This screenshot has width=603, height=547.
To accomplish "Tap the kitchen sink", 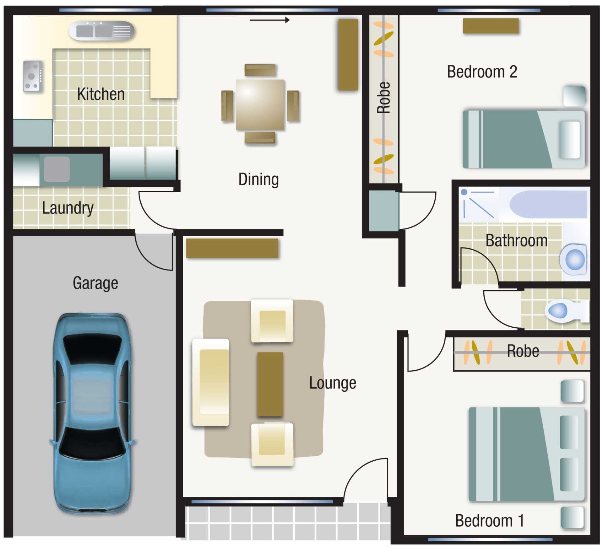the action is [x=101, y=31].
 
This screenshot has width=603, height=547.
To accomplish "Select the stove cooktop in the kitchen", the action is [x=33, y=76].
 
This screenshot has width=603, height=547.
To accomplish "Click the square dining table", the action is [x=260, y=104].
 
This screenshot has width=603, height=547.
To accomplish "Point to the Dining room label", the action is [x=258, y=179].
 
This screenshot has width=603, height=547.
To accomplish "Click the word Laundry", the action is [x=68, y=208].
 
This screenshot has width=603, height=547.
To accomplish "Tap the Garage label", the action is [x=95, y=283].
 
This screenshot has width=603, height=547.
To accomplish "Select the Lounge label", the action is [x=333, y=383].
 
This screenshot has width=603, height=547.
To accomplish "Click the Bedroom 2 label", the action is [x=482, y=72].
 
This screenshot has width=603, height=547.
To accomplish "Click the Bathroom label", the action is [x=517, y=240].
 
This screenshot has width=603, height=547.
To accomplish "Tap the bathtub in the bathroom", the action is [x=548, y=204].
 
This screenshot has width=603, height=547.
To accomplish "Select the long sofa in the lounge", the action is [x=211, y=382].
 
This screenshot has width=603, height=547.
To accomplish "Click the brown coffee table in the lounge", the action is [x=270, y=384].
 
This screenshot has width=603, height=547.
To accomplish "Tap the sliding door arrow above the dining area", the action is [x=269, y=20].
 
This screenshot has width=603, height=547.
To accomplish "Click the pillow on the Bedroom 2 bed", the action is [x=569, y=140].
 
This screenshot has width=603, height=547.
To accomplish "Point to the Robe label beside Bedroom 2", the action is [x=383, y=98].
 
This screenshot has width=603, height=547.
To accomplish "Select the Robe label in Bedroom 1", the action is [x=523, y=351].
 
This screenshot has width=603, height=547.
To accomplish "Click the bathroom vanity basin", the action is [x=574, y=260].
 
